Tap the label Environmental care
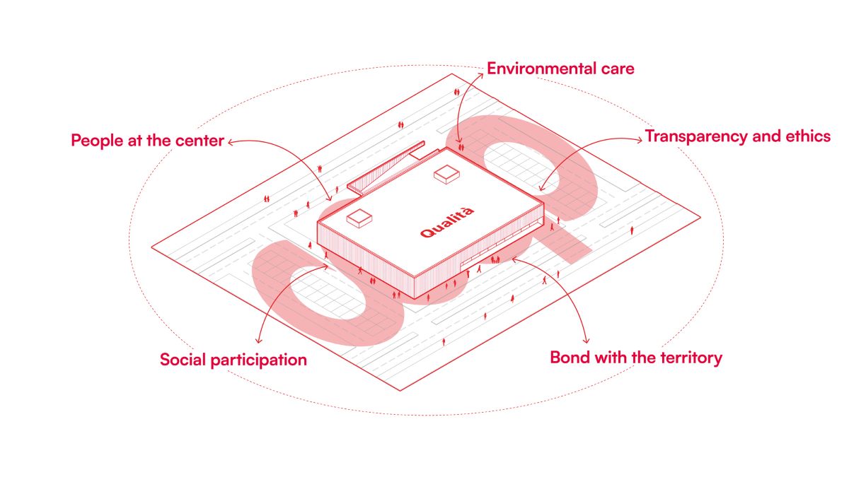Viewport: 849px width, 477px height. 560,69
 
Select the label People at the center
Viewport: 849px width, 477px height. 147,141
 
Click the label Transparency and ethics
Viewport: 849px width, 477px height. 737,136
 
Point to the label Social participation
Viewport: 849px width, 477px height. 233,360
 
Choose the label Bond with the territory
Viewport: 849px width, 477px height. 636,358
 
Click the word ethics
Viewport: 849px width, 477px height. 807,136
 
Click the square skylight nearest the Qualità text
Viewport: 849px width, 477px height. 360,219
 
